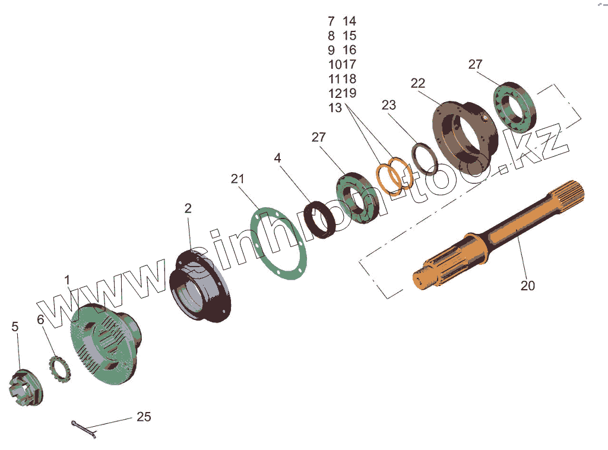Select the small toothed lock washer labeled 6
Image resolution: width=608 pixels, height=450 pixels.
60,367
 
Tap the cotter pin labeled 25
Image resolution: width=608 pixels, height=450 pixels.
83,428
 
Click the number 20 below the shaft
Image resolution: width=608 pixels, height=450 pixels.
527,286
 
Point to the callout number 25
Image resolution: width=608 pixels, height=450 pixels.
144,417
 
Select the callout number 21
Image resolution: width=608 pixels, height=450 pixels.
237,179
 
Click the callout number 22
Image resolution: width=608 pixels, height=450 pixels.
418,83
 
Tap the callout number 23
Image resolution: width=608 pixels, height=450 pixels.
388,105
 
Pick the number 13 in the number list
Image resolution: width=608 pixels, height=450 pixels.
335,107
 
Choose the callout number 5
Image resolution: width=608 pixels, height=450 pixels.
15,327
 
